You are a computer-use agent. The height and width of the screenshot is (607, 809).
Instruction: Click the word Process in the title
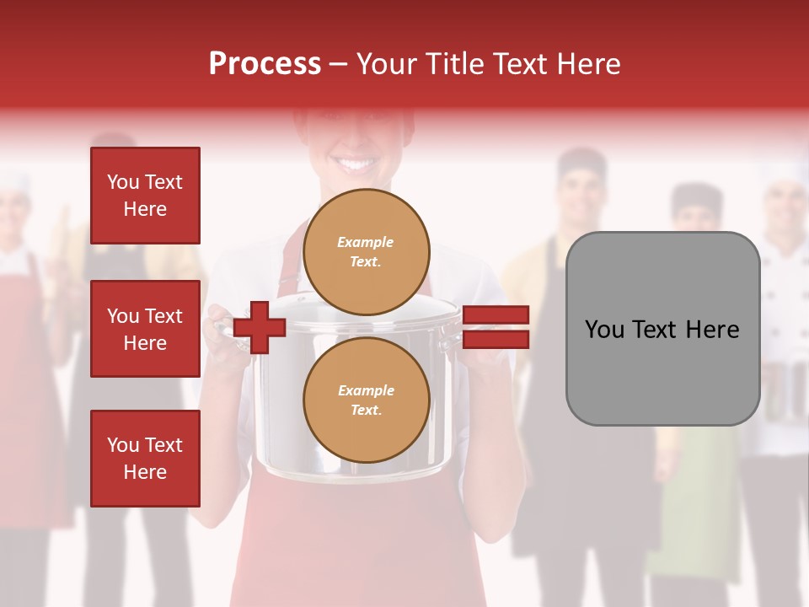(x=265, y=64)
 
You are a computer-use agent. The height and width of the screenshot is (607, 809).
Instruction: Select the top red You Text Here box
(x=145, y=196)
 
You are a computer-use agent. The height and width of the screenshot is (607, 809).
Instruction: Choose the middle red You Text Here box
(x=145, y=329)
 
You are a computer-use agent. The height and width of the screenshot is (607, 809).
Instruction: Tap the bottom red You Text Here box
(x=145, y=459)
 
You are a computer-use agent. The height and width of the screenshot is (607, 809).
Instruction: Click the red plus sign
(x=260, y=328)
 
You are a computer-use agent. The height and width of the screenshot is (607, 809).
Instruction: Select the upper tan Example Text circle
(x=367, y=252)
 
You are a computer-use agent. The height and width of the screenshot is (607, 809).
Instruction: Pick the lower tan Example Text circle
(x=367, y=400)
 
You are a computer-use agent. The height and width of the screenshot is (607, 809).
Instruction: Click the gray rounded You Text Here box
(x=662, y=328)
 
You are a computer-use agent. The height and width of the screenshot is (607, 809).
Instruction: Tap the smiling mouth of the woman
(x=354, y=163)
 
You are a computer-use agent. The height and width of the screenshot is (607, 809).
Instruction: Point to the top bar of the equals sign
(x=496, y=315)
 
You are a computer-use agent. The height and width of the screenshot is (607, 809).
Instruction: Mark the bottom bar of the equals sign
(x=496, y=340)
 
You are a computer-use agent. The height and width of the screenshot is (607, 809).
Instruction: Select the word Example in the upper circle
(x=365, y=243)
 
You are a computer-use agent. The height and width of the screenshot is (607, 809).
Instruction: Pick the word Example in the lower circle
(x=366, y=391)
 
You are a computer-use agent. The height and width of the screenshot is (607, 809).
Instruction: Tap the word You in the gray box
(x=604, y=329)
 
